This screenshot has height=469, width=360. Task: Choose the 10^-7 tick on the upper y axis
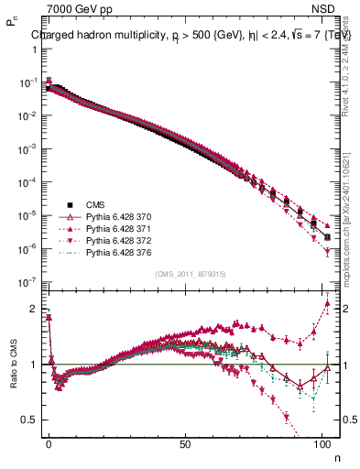tap(27, 282)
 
